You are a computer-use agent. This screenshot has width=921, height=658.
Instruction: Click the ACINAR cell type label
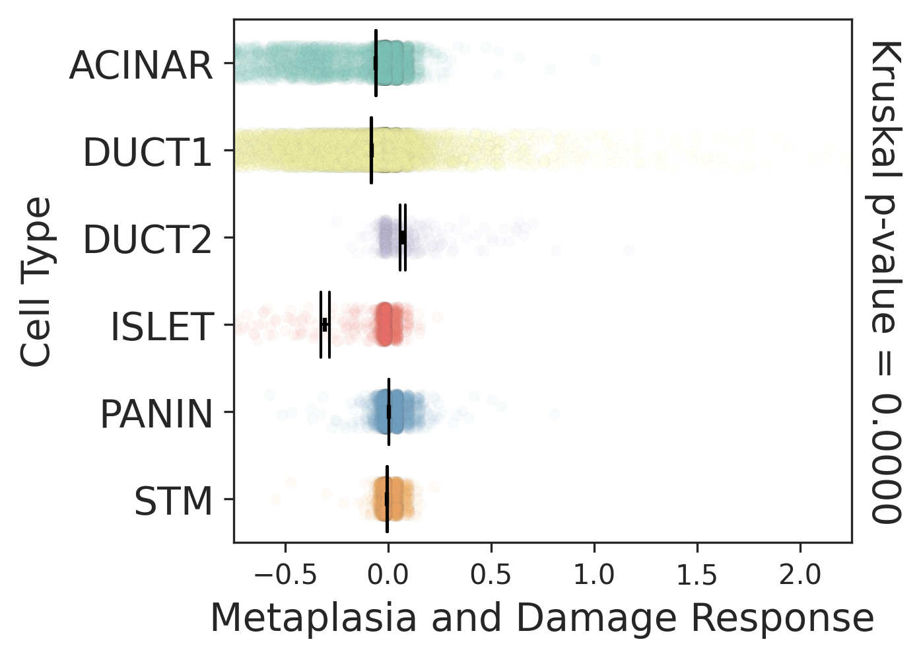(x=141, y=65)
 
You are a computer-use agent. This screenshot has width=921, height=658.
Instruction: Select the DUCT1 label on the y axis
(x=148, y=153)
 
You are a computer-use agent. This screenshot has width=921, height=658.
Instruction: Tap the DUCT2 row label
(x=148, y=239)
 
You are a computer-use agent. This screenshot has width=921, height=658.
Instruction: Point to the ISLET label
(x=162, y=327)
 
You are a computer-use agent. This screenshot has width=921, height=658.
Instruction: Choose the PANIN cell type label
(x=157, y=414)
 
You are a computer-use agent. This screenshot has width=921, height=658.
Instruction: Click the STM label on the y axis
(x=174, y=501)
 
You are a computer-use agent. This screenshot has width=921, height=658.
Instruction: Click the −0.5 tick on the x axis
(x=285, y=575)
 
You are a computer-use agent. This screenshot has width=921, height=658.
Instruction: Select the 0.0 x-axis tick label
(x=388, y=575)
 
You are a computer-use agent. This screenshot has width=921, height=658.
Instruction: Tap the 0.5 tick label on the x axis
(x=491, y=575)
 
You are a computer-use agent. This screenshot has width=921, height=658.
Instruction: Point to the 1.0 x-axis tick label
(x=594, y=575)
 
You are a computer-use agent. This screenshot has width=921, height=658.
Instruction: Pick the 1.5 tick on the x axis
(x=697, y=575)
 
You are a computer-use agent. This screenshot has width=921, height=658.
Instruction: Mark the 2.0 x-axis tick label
(x=800, y=575)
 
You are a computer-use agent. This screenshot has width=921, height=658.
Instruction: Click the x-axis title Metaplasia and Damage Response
(x=542, y=619)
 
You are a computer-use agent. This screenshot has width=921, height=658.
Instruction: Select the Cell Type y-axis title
(x=36, y=281)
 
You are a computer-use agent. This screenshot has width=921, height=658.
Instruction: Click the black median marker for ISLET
(x=325, y=324)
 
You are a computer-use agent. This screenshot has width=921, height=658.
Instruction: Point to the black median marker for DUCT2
(x=402, y=237)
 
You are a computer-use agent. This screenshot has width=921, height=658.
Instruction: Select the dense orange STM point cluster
(x=390, y=500)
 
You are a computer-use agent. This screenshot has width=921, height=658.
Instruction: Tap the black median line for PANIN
(x=389, y=412)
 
